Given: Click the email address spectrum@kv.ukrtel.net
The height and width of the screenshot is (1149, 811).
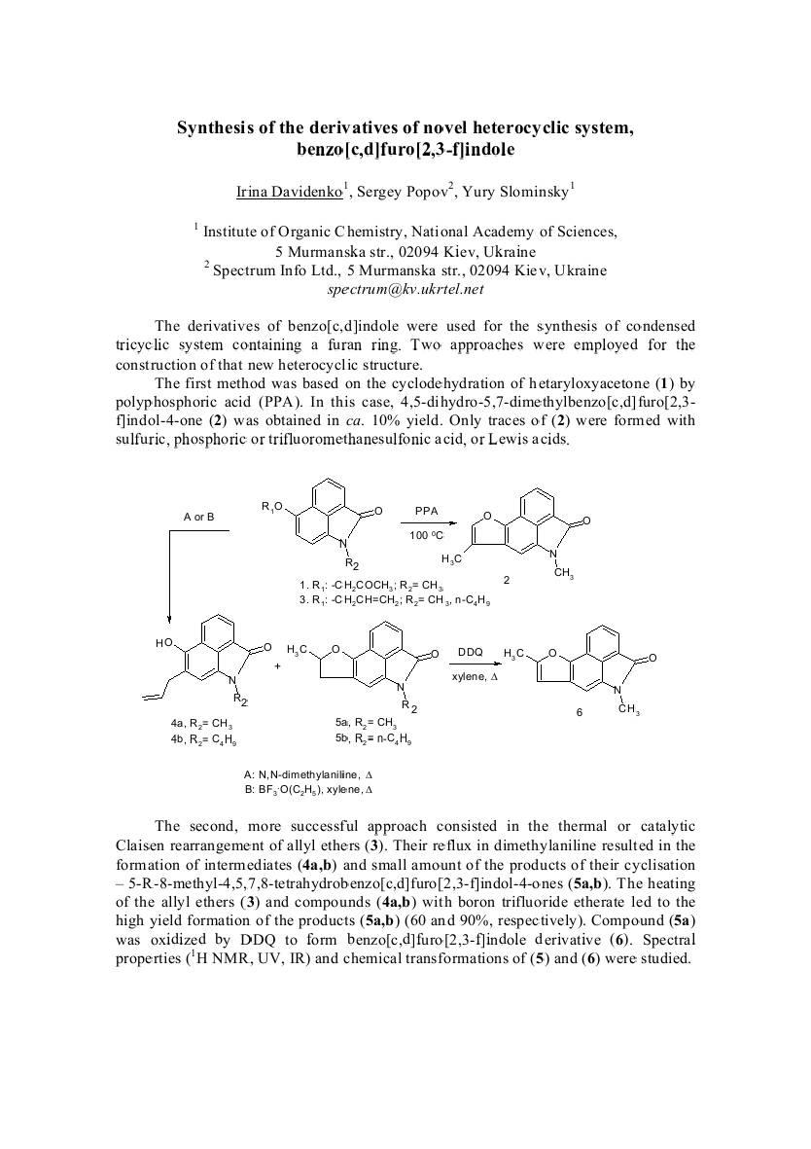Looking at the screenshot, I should (405, 289).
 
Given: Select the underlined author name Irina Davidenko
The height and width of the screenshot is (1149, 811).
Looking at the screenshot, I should (290, 191).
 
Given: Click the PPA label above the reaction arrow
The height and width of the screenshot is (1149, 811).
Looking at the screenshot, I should (426, 510).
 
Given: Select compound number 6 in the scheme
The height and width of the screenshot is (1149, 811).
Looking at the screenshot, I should (580, 712).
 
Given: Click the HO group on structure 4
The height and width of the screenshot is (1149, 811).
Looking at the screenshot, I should (163, 644).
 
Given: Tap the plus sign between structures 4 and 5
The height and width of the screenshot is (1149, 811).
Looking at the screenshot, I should (277, 666).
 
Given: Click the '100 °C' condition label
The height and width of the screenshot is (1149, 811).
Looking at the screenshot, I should (427, 536).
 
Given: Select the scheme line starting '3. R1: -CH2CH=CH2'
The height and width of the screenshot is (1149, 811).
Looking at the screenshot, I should (395, 602).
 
